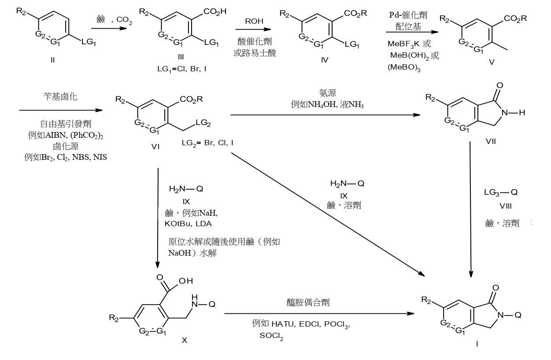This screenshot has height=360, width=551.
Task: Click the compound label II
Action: [52, 60]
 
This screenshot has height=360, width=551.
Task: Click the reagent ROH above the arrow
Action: [255, 21]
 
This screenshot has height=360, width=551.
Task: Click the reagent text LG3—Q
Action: [500, 192]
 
